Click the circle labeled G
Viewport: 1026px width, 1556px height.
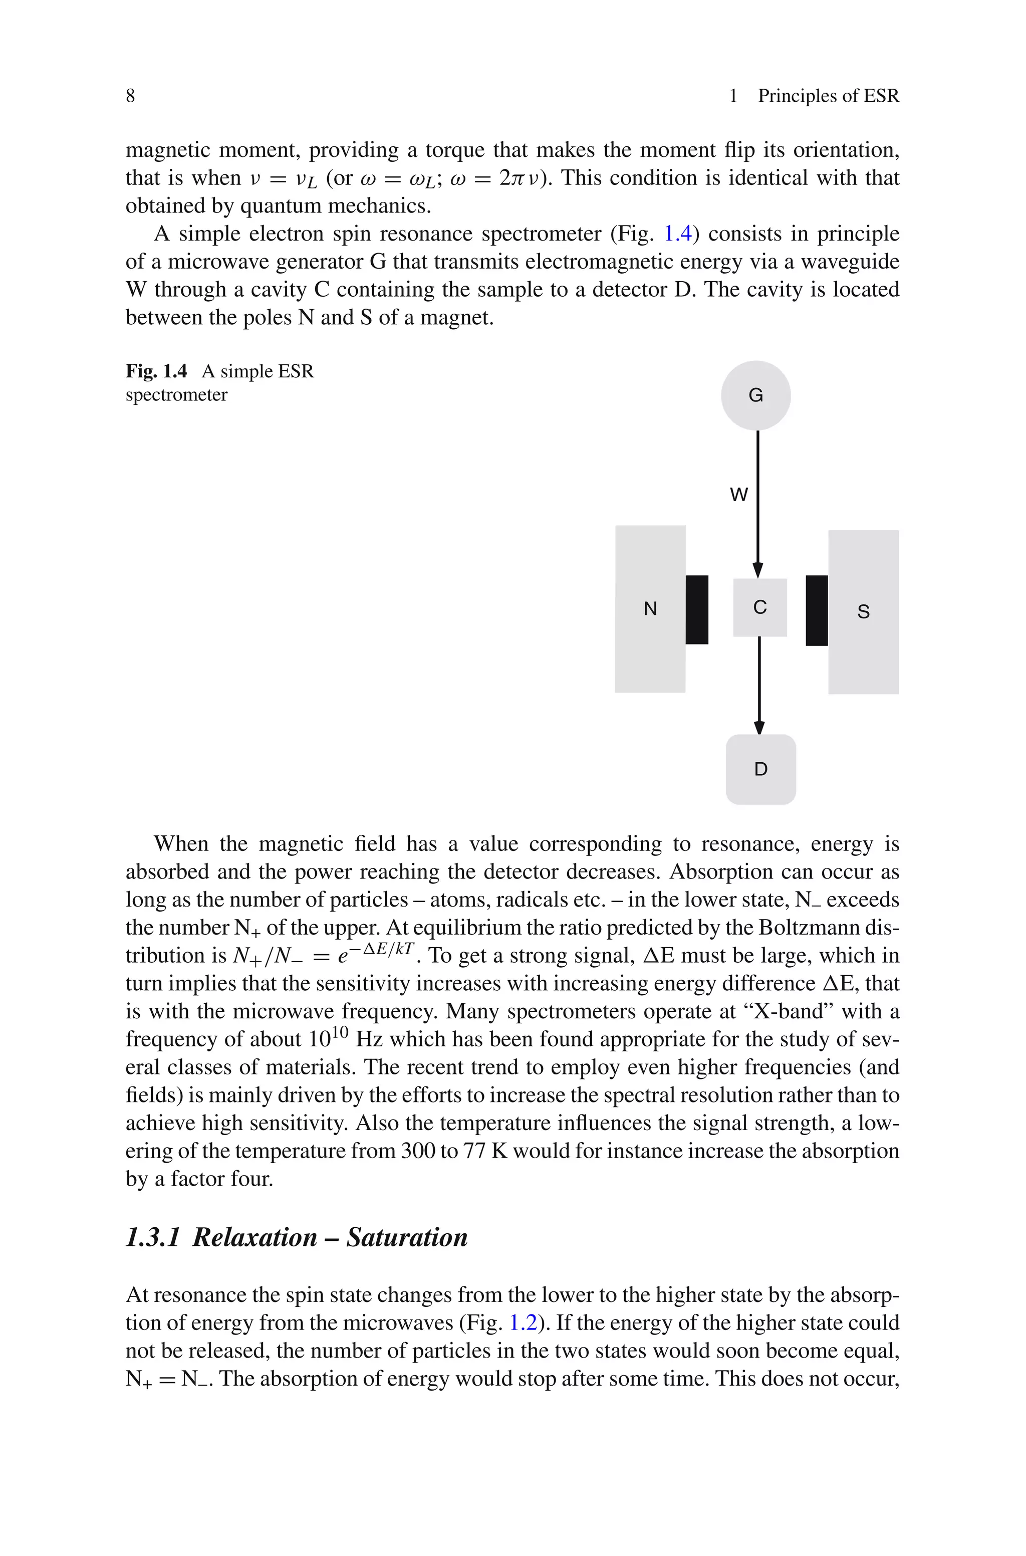pos(756,395)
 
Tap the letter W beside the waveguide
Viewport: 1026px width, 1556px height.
pos(739,495)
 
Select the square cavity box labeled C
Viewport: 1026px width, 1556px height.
pos(759,607)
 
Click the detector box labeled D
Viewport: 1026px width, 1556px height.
pos(761,769)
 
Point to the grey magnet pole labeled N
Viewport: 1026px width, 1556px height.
pos(650,608)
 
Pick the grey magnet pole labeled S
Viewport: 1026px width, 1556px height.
pos(863,612)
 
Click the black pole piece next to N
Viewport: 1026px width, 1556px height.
pos(697,610)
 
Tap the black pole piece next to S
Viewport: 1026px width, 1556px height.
pos(817,610)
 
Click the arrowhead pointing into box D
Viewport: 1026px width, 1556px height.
pos(759,727)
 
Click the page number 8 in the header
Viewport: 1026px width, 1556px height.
pos(130,96)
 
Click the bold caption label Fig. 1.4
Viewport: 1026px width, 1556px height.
pos(156,372)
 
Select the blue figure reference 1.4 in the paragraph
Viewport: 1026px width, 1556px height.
pos(678,234)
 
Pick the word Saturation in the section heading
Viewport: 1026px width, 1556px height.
pos(407,1237)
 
